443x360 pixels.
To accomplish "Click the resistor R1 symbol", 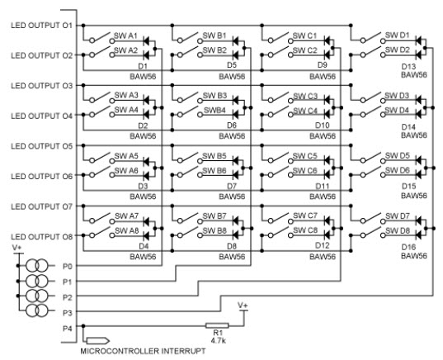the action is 217,326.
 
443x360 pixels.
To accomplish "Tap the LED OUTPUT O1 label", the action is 42,25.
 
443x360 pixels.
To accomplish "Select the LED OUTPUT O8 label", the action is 42,237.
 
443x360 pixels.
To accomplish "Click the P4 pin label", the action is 68,329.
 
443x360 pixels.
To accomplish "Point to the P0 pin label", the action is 68,267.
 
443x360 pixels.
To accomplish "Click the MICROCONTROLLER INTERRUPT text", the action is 143,351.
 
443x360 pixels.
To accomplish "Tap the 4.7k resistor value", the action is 218,340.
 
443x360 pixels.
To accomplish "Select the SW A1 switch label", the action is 125,36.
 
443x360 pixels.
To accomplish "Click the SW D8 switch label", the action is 398,230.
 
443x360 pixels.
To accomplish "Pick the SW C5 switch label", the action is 305,156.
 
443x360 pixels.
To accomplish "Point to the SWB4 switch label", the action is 214,110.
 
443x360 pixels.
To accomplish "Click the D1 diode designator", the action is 143,66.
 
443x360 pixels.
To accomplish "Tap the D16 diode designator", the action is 408,247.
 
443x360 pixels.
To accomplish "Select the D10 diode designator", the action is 322,126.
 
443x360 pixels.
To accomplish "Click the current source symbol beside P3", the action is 37,310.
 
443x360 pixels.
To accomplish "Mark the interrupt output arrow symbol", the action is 98,340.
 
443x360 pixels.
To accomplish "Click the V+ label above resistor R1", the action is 243,306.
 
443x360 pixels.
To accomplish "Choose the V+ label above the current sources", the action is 17,248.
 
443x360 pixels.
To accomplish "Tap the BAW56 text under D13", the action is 414,75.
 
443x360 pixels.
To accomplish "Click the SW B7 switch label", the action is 214,216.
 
